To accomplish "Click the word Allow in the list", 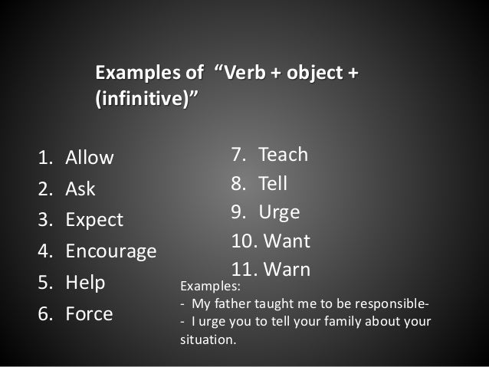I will (x=89, y=159).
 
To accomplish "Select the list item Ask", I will (x=80, y=189).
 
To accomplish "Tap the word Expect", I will (x=94, y=221).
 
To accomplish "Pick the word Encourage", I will (x=110, y=251).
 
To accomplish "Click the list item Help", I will (x=85, y=282).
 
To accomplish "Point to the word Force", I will (x=89, y=313).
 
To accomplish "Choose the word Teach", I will (x=283, y=155).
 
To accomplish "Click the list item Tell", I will (x=273, y=184).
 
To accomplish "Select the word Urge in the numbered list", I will (x=279, y=212).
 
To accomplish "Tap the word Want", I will (x=287, y=241).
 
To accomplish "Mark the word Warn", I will (x=286, y=270).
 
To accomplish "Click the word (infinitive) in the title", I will (x=144, y=100).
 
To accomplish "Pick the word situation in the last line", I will (x=207, y=339).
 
